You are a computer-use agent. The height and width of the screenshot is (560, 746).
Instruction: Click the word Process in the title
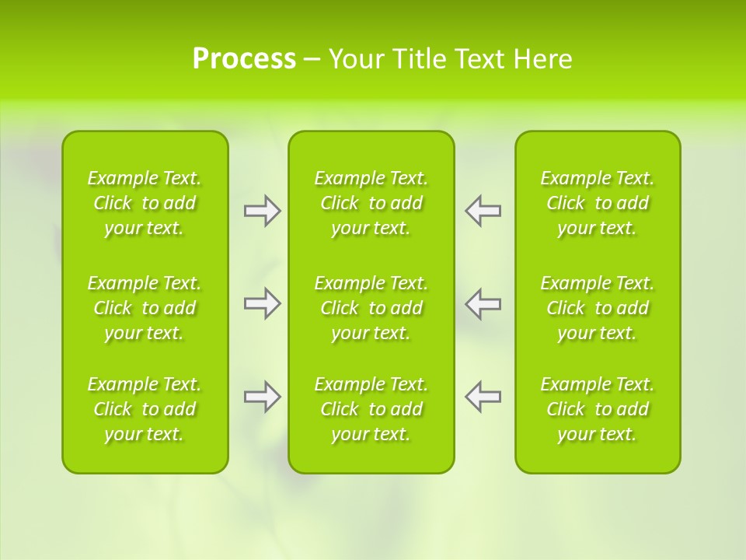[x=244, y=59]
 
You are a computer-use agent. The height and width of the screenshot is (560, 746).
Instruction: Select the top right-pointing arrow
[x=263, y=211]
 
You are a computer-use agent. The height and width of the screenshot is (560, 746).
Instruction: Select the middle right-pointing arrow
[x=263, y=303]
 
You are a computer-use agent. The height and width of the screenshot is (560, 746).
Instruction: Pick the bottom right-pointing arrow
[x=263, y=397]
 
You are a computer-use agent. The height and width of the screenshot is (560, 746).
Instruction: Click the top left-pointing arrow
[x=483, y=211]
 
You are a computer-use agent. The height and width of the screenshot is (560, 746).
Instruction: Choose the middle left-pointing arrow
[x=483, y=303]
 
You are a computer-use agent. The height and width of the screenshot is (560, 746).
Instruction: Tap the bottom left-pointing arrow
[x=483, y=397]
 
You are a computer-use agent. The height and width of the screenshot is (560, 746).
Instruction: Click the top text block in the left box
[x=145, y=203]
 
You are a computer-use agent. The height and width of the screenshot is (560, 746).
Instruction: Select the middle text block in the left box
[x=145, y=308]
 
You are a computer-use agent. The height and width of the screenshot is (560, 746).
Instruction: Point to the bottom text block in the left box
[x=145, y=409]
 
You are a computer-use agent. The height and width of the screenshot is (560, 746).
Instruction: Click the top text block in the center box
[x=371, y=203]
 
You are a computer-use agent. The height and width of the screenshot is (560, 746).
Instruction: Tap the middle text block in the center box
[x=371, y=308]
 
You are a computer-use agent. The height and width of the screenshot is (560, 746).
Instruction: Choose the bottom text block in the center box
[x=371, y=409]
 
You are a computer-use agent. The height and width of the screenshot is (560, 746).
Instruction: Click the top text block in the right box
[x=597, y=203]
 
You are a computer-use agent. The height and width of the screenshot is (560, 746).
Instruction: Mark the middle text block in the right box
[x=597, y=308]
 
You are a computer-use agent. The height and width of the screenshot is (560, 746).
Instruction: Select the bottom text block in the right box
[x=597, y=409]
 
